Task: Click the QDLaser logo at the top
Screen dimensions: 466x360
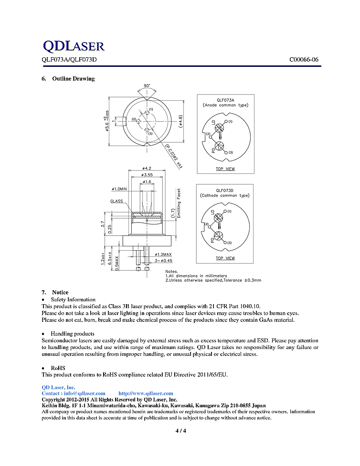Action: coord(73,46)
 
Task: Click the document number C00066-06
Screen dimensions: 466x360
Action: coord(304,60)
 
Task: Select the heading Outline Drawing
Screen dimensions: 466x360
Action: coord(73,79)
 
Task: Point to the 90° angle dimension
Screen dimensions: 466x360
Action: coord(147,86)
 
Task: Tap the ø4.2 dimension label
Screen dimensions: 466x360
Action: coord(147,168)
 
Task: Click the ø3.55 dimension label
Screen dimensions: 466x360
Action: coord(147,175)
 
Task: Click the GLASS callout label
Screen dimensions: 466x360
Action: coord(116,201)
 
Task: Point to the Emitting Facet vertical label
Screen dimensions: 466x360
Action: coord(179,203)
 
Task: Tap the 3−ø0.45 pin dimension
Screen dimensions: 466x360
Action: coord(163,261)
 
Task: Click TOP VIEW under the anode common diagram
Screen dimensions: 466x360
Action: coord(225,169)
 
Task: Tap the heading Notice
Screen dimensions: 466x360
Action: coord(60,292)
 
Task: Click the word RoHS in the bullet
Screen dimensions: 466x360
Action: coord(58,368)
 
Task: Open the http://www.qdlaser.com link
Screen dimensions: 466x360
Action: coord(145,393)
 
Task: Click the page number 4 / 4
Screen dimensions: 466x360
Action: coord(180,431)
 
